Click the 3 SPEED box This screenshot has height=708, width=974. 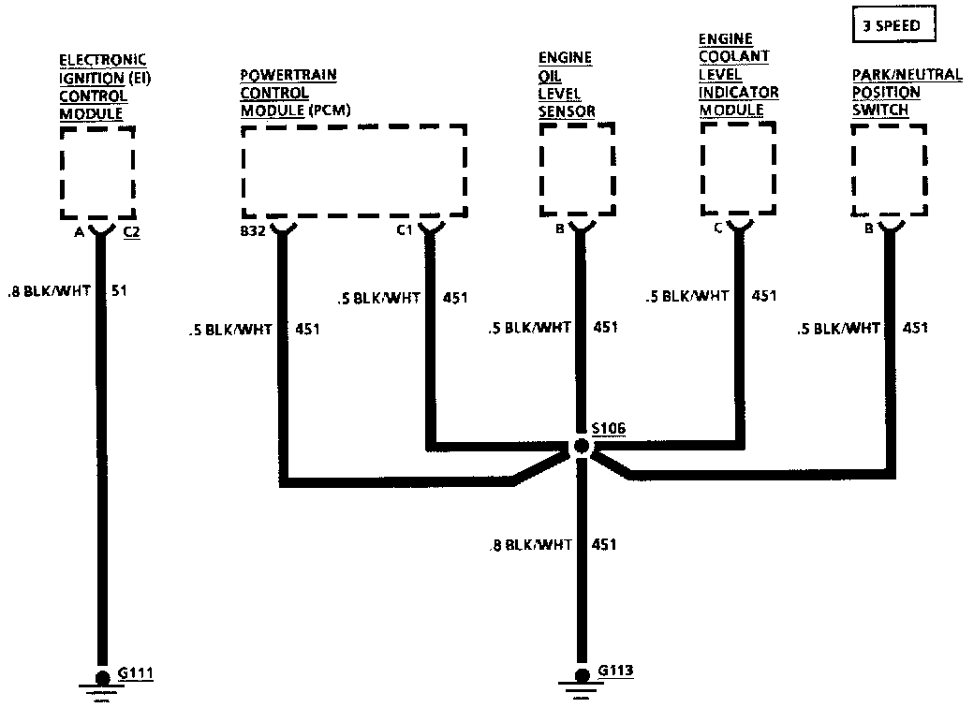tap(893, 26)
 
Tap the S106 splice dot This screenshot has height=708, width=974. tap(582, 446)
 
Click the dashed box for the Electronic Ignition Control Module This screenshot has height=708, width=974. tap(97, 174)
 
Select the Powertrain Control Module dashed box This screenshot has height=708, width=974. tap(354, 170)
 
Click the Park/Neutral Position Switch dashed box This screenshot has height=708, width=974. tap(889, 170)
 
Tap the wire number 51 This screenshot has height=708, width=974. tap(119, 290)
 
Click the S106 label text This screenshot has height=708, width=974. tap(609, 429)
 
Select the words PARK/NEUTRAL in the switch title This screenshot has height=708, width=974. tap(907, 75)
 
